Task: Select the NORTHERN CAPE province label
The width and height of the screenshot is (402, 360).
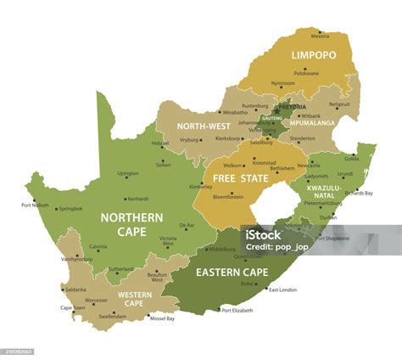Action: pos(131,223)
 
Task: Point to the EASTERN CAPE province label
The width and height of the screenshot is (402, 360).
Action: pos(232,273)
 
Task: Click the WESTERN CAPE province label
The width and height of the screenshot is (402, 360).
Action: pos(135,299)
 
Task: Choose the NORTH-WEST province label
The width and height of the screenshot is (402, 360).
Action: pos(204,127)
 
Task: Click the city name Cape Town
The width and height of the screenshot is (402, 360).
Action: pos(72,308)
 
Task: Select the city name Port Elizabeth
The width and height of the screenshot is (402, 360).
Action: pos(237,310)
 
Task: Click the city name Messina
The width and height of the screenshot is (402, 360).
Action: pos(320,37)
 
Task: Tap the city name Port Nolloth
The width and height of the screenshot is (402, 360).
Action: pos(35,205)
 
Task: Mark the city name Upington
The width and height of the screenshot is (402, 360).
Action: pos(128,173)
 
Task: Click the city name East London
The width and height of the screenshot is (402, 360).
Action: pos(282,290)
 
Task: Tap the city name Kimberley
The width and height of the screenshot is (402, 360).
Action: pos(201,186)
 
